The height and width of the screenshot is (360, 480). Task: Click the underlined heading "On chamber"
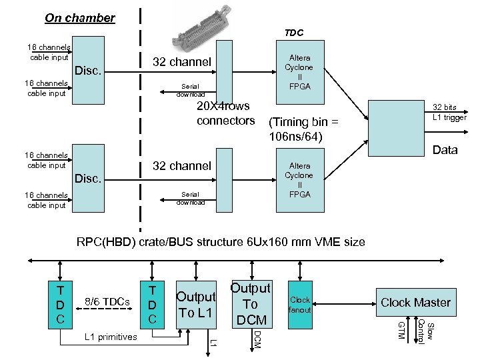[79, 18]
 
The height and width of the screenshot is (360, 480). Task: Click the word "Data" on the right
[445, 150]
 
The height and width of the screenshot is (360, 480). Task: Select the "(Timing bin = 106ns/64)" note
[303, 130]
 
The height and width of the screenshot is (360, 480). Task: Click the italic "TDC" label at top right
[293, 32]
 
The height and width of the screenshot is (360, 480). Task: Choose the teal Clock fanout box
[300, 304]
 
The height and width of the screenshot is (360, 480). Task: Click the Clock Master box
[415, 303]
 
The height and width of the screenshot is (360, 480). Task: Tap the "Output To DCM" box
[250, 304]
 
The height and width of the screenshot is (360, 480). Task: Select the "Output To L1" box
[195, 305]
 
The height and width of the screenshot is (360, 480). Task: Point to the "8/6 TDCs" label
[107, 302]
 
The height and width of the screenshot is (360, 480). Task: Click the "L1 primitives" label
[110, 337]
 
